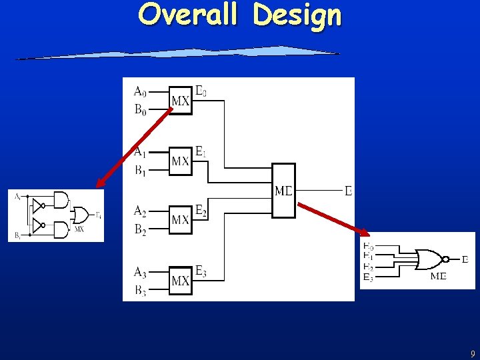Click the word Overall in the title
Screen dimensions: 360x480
click(x=187, y=15)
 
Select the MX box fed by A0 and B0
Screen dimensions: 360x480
click(x=180, y=101)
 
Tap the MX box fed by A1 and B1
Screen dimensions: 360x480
click(x=180, y=161)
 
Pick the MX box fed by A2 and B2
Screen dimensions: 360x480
click(x=180, y=219)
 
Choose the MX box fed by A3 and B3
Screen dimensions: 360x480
click(x=180, y=281)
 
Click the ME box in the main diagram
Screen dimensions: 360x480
click(x=283, y=191)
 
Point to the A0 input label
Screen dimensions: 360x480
click(x=140, y=91)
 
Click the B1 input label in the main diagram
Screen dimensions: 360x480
click(x=140, y=171)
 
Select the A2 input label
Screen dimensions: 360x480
click(x=140, y=211)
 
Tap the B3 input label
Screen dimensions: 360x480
click(x=140, y=290)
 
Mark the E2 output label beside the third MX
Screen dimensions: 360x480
click(x=201, y=211)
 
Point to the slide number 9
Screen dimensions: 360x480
click(x=472, y=354)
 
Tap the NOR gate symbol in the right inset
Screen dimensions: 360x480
click(x=430, y=259)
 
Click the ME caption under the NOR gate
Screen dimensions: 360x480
click(x=439, y=276)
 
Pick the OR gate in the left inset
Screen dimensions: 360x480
click(x=81, y=215)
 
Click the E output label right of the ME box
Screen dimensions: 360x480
click(x=348, y=191)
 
